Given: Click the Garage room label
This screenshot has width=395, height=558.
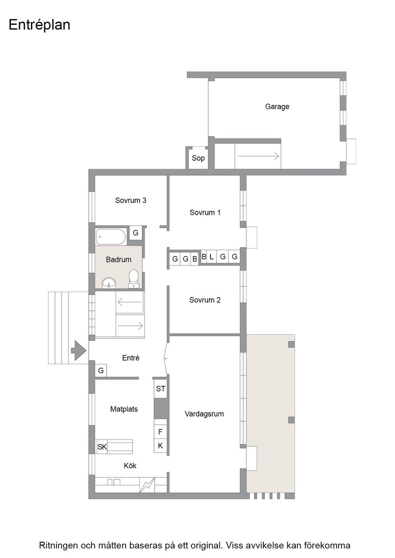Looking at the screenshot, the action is click(x=277, y=107).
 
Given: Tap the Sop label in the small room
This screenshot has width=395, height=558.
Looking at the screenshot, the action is click(x=198, y=158).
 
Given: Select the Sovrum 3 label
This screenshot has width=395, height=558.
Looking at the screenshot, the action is click(x=131, y=200).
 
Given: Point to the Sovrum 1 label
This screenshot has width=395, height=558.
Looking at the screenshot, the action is click(x=205, y=212).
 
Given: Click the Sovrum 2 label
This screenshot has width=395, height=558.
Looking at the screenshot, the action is click(x=205, y=300).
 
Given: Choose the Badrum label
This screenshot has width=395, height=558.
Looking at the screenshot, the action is click(x=119, y=260).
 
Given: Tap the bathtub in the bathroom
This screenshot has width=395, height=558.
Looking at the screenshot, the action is click(x=111, y=237).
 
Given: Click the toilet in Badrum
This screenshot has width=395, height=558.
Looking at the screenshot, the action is click(x=134, y=279).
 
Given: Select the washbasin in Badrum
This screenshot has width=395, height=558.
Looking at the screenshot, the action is click(x=109, y=283).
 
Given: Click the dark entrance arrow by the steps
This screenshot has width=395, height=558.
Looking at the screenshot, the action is click(x=79, y=351).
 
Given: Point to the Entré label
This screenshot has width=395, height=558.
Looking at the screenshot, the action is click(x=131, y=358).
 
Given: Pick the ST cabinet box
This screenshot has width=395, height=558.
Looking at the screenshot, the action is click(x=161, y=389).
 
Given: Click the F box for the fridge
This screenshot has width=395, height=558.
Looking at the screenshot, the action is click(x=160, y=432).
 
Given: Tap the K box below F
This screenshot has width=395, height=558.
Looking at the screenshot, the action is click(x=160, y=445).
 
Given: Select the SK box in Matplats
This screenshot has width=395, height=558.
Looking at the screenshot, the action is click(x=102, y=446).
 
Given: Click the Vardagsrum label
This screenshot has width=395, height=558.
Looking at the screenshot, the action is click(x=204, y=414).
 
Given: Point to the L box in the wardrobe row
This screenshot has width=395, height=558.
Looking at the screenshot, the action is click(x=211, y=257).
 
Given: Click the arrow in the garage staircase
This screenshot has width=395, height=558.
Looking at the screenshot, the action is click(x=258, y=156).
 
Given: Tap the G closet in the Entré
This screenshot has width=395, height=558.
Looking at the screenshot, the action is click(x=101, y=371).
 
